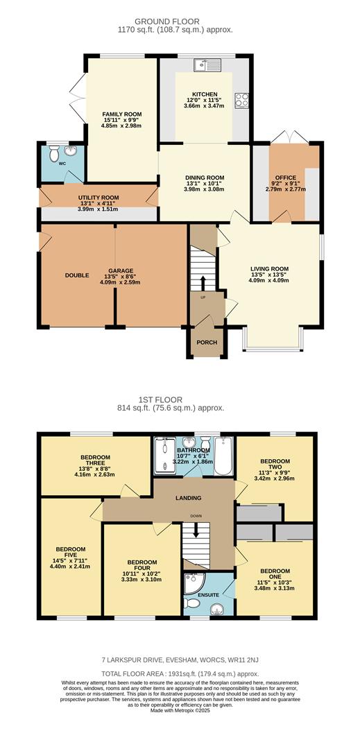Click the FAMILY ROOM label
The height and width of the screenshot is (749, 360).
pos(121,114)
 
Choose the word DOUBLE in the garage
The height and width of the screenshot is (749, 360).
pos(77,275)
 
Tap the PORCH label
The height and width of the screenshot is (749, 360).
pos(207,343)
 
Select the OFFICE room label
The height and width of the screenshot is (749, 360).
pos(286,178)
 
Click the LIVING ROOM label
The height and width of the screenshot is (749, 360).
pos(269,269)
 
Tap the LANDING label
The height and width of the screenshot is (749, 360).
pos(188,498)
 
